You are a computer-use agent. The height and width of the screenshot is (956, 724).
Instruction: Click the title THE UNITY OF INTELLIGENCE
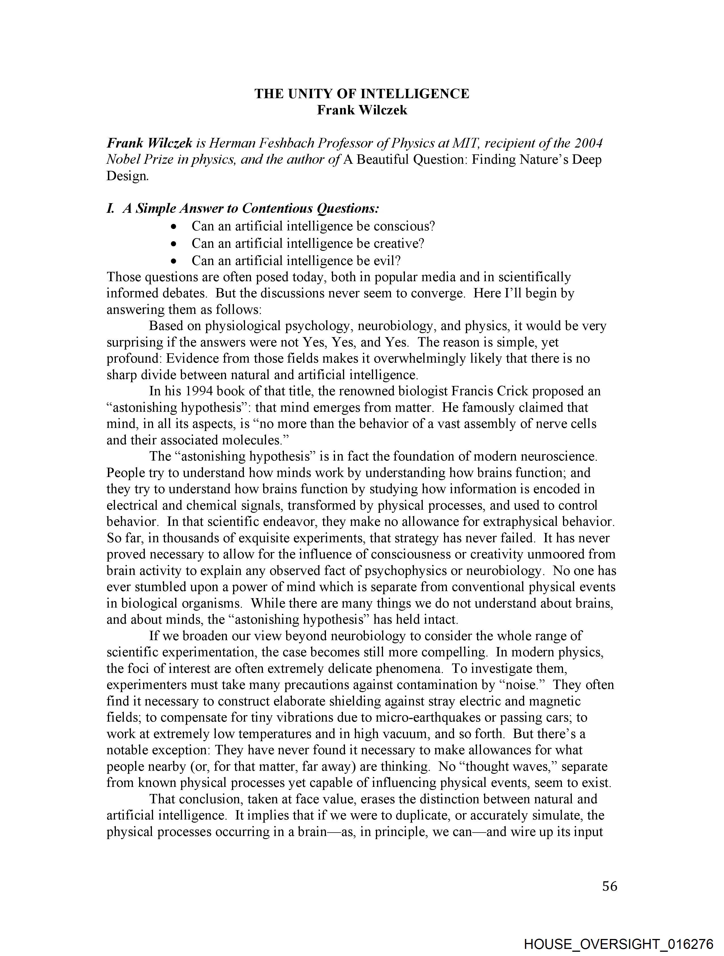(x=361, y=94)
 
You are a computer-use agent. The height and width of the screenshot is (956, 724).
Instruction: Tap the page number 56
(x=609, y=886)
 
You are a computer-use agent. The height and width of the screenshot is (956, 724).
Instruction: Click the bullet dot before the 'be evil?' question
(x=174, y=261)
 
